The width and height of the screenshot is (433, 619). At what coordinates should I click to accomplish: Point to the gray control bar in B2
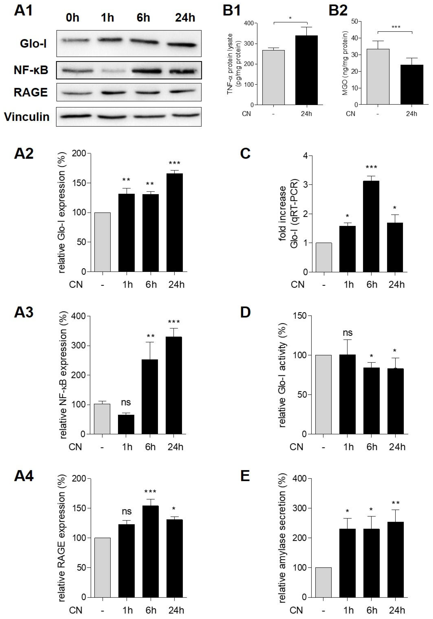(378, 77)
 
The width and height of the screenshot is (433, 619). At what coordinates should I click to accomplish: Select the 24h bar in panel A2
(175, 222)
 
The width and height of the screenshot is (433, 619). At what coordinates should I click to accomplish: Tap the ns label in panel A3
(126, 403)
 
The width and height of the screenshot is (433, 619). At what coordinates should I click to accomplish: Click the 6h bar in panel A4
(150, 551)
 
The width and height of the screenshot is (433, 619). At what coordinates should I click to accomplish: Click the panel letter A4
(24, 476)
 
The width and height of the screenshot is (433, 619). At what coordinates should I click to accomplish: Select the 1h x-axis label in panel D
(348, 447)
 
